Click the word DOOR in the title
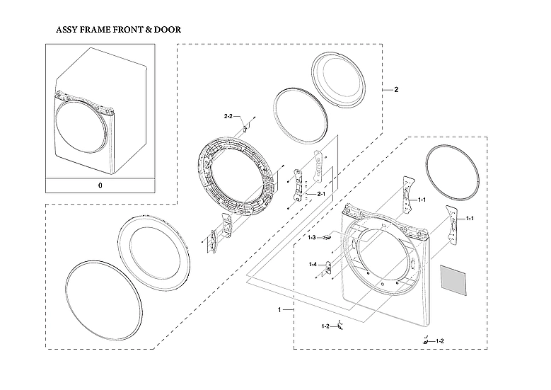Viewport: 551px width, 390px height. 164,30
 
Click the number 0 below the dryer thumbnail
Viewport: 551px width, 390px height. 100,185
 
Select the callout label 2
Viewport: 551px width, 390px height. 395,91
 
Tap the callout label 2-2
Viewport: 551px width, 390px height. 228,115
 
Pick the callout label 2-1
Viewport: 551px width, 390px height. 321,194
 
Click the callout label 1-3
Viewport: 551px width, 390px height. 312,238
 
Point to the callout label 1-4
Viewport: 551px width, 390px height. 312,264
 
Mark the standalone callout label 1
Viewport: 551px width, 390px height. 280,311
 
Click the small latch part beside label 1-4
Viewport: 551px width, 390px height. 327,267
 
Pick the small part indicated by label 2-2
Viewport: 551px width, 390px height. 245,127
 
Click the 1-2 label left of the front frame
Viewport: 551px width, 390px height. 325,326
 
